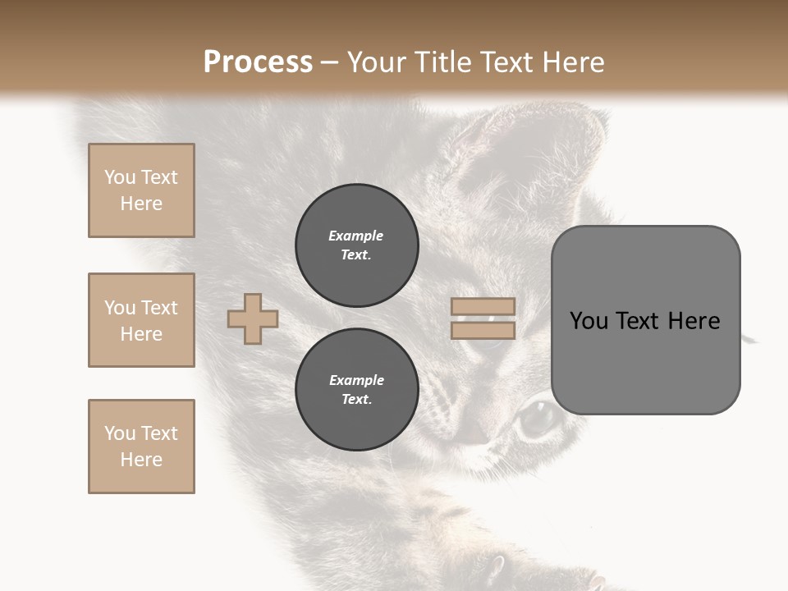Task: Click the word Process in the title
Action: pyautogui.click(x=258, y=62)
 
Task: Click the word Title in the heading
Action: pyautogui.click(x=442, y=62)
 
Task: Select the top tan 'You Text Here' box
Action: pyautogui.click(x=141, y=190)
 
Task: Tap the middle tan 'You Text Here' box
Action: pyautogui.click(x=141, y=320)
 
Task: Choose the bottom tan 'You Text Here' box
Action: pyautogui.click(x=141, y=447)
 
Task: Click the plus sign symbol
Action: pyautogui.click(x=253, y=318)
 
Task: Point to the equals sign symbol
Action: pyautogui.click(x=483, y=318)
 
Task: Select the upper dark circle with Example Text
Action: pyautogui.click(x=356, y=245)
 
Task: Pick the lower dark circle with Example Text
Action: pyautogui.click(x=356, y=389)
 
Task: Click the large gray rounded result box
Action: pyautogui.click(x=645, y=320)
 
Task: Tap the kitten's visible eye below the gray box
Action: pyautogui.click(x=538, y=419)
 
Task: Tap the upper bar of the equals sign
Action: pyautogui.click(x=483, y=307)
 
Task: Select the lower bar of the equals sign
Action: pyautogui.click(x=483, y=330)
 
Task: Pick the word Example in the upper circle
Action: pyautogui.click(x=356, y=236)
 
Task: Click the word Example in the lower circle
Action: pyautogui.click(x=356, y=380)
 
